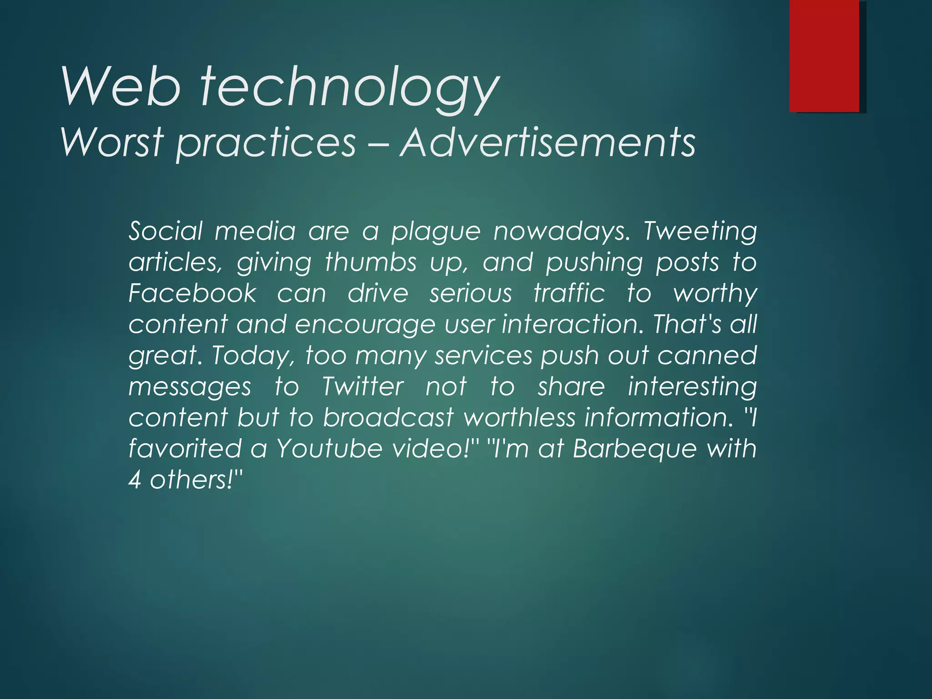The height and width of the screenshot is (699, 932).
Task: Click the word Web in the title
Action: [x=121, y=86]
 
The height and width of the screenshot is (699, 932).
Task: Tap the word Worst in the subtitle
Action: [x=112, y=142]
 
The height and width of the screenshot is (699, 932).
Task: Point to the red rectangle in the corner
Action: [x=824, y=56]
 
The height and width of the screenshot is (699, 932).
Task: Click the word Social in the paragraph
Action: [x=165, y=231]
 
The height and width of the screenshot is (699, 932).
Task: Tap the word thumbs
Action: [x=371, y=263]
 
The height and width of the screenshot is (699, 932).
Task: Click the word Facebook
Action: [x=192, y=293]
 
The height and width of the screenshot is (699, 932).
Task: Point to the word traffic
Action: [x=569, y=293]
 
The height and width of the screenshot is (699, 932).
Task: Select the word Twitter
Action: [x=362, y=387]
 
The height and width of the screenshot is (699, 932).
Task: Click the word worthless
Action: [x=519, y=417]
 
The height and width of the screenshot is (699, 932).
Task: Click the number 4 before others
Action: [x=134, y=480]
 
